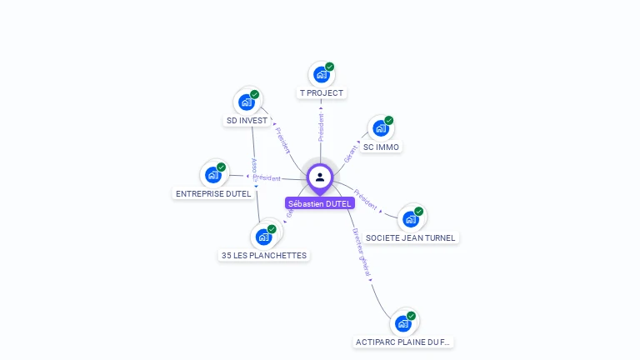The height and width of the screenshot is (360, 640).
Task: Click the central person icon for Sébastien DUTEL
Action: pyautogui.click(x=320, y=177)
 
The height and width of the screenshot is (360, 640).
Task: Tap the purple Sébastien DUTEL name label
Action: pyautogui.click(x=320, y=203)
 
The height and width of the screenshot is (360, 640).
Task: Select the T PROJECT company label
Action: pyautogui.click(x=322, y=93)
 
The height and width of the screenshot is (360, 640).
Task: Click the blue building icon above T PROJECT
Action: pyautogui.click(x=321, y=75)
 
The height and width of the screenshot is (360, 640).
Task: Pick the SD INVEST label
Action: pyautogui.click(x=247, y=120)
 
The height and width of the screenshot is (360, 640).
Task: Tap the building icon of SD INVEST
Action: pyautogui.click(x=246, y=102)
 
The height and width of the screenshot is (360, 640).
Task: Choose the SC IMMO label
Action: pyautogui.click(x=382, y=147)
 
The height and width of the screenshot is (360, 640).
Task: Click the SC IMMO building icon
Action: pyautogui.click(x=381, y=128)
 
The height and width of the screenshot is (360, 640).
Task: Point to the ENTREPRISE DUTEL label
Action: pyautogui.click(x=213, y=193)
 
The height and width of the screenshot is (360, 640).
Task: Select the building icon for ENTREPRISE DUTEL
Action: pyautogui.click(x=213, y=175)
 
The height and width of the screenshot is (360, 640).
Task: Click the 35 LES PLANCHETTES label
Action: pyautogui.click(x=264, y=255)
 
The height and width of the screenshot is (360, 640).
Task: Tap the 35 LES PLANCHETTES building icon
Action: pyautogui.click(x=263, y=237)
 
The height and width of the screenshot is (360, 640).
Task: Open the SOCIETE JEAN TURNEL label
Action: pyautogui.click(x=411, y=237)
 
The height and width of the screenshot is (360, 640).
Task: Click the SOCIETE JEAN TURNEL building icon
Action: pyautogui.click(x=410, y=219)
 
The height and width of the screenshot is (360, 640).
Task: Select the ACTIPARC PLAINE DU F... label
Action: pyautogui.click(x=404, y=342)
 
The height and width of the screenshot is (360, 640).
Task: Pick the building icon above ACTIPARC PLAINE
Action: pyautogui.click(x=403, y=322)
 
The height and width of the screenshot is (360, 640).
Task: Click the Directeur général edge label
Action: pyautogui.click(x=362, y=252)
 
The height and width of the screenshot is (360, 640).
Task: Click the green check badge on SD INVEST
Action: pyautogui.click(x=254, y=94)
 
